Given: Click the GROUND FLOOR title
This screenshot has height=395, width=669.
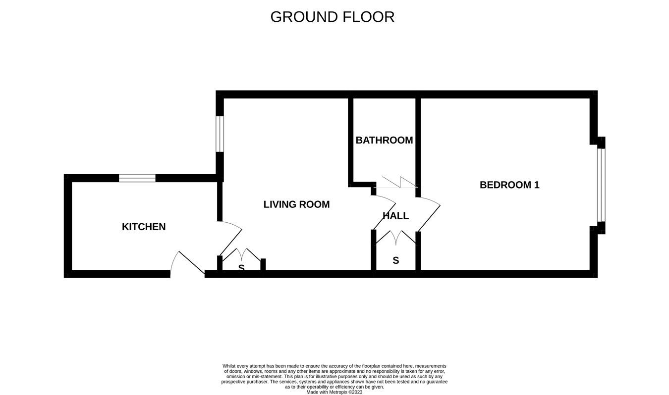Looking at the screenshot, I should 332,17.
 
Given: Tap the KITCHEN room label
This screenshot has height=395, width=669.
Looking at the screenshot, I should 144,227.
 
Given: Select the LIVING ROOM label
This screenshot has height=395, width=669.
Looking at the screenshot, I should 296,204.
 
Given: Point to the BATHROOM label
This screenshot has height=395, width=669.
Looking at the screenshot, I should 384,140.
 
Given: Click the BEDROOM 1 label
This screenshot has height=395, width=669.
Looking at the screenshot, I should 509,185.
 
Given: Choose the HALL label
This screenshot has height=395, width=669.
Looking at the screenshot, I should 395,216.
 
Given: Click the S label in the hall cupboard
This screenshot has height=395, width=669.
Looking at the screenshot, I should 395,260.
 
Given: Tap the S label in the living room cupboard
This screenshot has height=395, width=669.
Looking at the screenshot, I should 241,267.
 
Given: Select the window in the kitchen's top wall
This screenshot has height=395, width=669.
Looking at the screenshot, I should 137,178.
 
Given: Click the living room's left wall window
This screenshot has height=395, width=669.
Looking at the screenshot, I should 220,134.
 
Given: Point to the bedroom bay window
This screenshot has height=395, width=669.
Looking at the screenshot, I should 601,185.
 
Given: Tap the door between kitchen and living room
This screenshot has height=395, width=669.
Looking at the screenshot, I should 229,238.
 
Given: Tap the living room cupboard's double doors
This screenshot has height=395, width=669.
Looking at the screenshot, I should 241,254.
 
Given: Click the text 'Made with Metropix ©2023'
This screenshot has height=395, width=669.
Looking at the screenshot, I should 334,392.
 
